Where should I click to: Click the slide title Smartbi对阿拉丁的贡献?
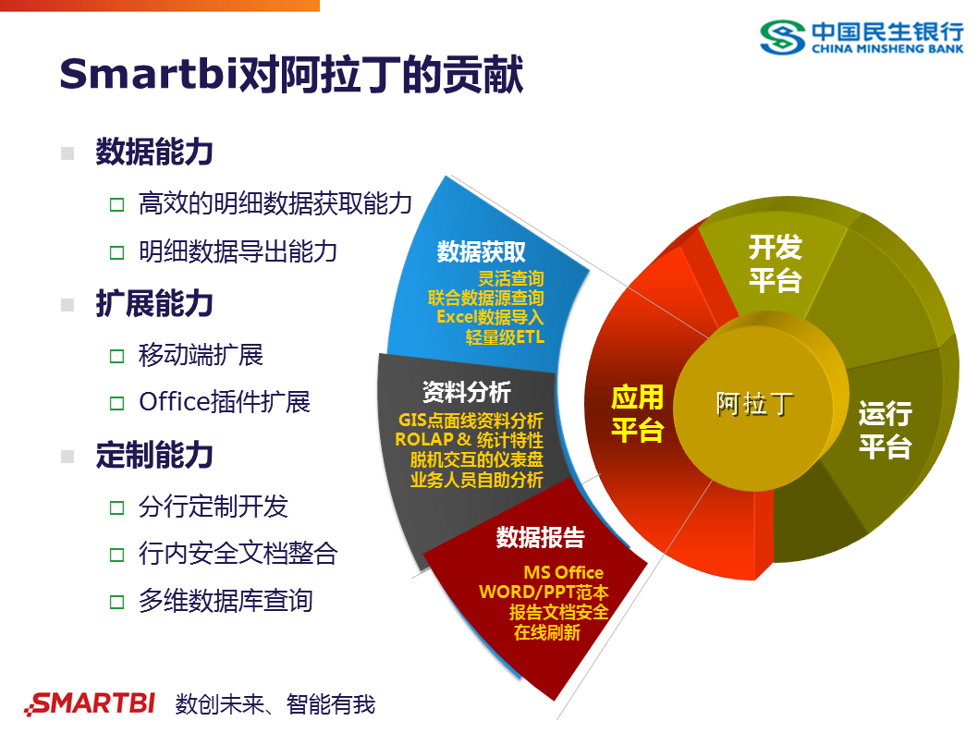click(291, 75)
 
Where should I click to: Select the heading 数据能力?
click(154, 153)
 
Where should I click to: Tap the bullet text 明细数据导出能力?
click(238, 251)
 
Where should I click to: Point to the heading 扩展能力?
click(154, 304)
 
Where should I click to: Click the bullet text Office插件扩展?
click(224, 402)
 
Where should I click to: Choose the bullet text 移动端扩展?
click(201, 354)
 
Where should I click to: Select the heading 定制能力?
click(154, 456)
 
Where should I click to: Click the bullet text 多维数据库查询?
click(226, 601)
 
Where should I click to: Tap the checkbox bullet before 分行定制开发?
click(116, 507)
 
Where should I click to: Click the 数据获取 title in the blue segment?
click(482, 252)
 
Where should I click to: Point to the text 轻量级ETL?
click(505, 337)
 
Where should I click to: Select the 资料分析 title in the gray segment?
click(466, 392)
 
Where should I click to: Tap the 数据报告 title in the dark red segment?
click(540, 537)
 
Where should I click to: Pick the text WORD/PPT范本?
click(544, 593)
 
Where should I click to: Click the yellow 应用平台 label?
click(637, 413)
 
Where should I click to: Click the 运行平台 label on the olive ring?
click(885, 430)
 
